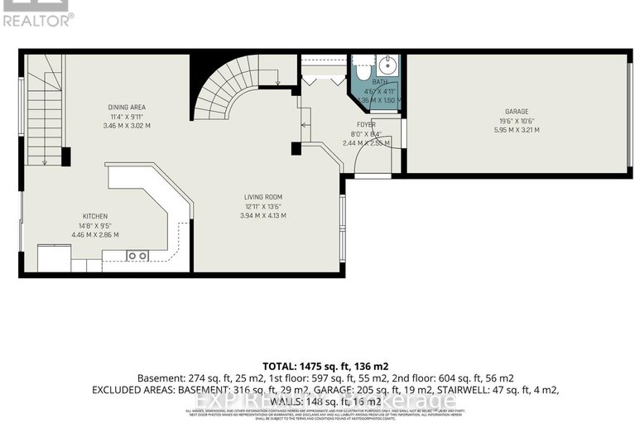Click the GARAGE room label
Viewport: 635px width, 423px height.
tap(517, 111)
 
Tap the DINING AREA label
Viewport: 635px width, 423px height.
tap(127, 106)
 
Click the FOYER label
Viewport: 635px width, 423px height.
tap(365, 125)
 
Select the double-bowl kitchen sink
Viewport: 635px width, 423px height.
tap(137, 256)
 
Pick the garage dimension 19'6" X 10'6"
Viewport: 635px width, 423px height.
tap(517, 121)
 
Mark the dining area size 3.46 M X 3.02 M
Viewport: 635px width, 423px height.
tap(127, 126)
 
